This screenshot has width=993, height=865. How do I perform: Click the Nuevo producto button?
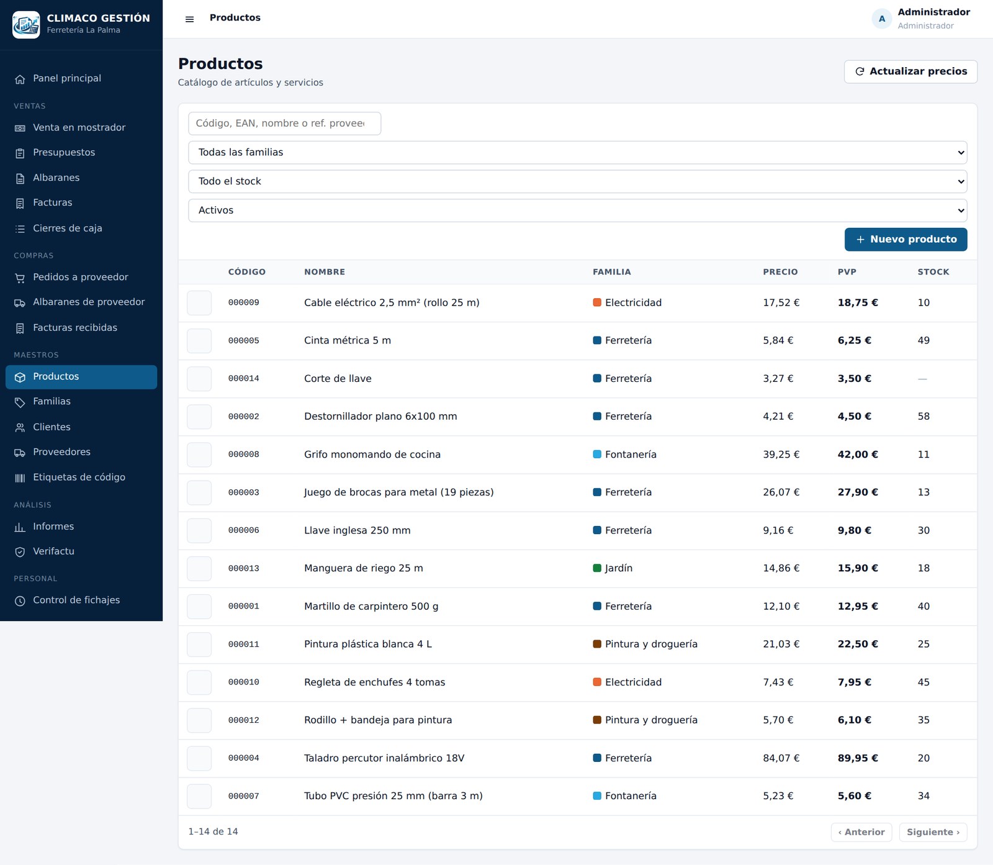(x=905, y=239)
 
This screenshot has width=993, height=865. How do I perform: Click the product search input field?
(x=284, y=124)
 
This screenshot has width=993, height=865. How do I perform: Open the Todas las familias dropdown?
(x=577, y=153)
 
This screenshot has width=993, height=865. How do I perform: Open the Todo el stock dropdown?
(x=577, y=181)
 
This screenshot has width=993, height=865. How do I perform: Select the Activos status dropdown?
(x=577, y=211)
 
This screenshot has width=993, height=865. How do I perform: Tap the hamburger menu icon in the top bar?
(x=190, y=19)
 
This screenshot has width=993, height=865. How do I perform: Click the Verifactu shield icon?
(x=20, y=552)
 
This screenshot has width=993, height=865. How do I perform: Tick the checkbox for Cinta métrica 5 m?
(x=199, y=341)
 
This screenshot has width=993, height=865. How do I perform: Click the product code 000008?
(x=244, y=455)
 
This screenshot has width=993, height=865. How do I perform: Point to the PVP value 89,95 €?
(x=858, y=758)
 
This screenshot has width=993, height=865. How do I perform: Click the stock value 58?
(x=923, y=417)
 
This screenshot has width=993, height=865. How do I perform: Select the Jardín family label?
(x=613, y=568)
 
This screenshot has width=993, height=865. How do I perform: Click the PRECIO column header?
(x=780, y=272)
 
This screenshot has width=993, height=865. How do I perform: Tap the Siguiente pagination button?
(x=933, y=832)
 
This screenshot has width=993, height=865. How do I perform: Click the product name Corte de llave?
(x=338, y=379)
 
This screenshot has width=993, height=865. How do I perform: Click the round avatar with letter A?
(x=882, y=19)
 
